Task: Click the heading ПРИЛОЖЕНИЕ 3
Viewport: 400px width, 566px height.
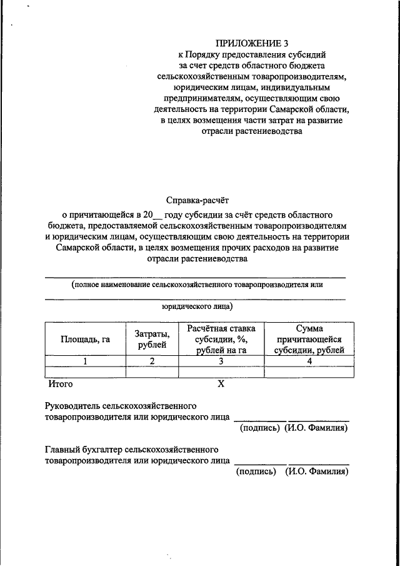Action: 252,43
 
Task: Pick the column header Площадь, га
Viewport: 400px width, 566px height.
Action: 85,339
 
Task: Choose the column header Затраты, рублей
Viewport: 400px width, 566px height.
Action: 152,339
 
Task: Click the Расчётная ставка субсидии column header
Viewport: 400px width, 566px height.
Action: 221,339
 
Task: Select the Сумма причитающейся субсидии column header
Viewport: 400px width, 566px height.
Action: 309,339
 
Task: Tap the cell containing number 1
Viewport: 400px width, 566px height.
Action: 85,361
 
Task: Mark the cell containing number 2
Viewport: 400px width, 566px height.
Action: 152,361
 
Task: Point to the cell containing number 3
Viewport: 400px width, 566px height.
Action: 221,361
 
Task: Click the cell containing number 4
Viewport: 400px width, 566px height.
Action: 309,361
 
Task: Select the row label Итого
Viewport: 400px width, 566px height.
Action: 61,383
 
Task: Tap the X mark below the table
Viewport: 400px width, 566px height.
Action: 221,384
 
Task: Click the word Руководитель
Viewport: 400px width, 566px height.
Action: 73,405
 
